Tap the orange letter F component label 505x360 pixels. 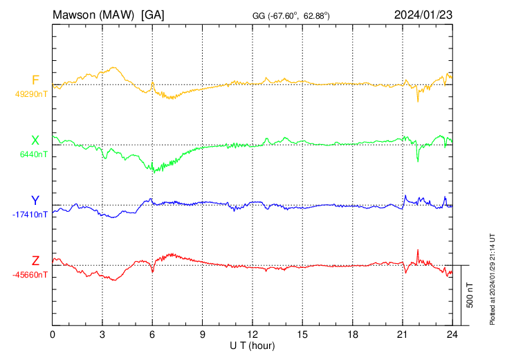pos(35,80)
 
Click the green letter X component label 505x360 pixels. pos(35,141)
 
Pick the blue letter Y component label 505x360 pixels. pos(35,201)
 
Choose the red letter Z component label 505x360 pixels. pos(35,261)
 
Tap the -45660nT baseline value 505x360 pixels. pos(30,275)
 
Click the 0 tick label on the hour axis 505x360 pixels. pos(53,335)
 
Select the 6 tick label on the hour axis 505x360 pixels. pos(152,335)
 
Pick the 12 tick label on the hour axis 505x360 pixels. pos(252,335)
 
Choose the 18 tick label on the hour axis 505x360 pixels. pos(352,335)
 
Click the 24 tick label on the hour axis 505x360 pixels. pos(452,335)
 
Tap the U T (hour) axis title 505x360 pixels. pos(252,345)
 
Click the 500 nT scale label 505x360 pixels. pos(470,295)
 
